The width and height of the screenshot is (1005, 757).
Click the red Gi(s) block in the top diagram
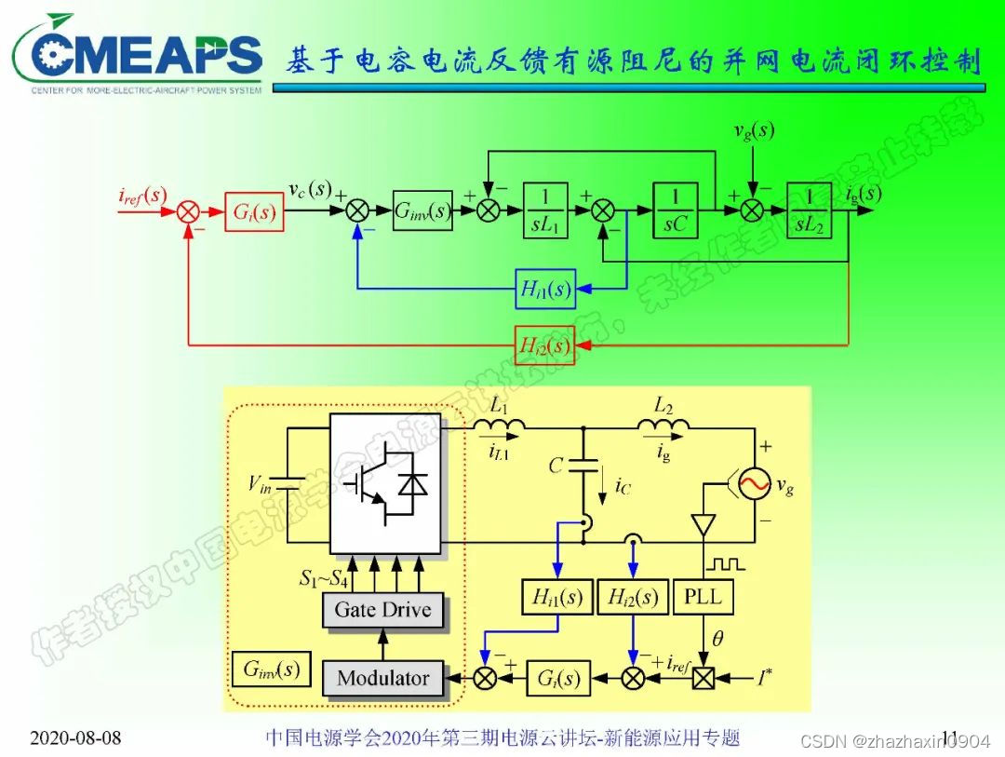pyautogui.click(x=253, y=211)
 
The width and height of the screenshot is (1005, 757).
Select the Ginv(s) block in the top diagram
pyautogui.click(x=422, y=211)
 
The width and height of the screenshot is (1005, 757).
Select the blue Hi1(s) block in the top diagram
pyautogui.click(x=546, y=290)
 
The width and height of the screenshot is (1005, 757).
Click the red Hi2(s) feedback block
pyautogui.click(x=545, y=346)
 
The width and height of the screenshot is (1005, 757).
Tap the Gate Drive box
pyautogui.click(x=382, y=611)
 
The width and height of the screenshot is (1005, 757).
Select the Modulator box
pyautogui.click(x=382, y=678)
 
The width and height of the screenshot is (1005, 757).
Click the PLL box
pyautogui.click(x=703, y=596)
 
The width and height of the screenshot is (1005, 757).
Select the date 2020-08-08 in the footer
pyautogui.click(x=76, y=738)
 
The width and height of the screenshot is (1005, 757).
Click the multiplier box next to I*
pyautogui.click(x=703, y=678)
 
